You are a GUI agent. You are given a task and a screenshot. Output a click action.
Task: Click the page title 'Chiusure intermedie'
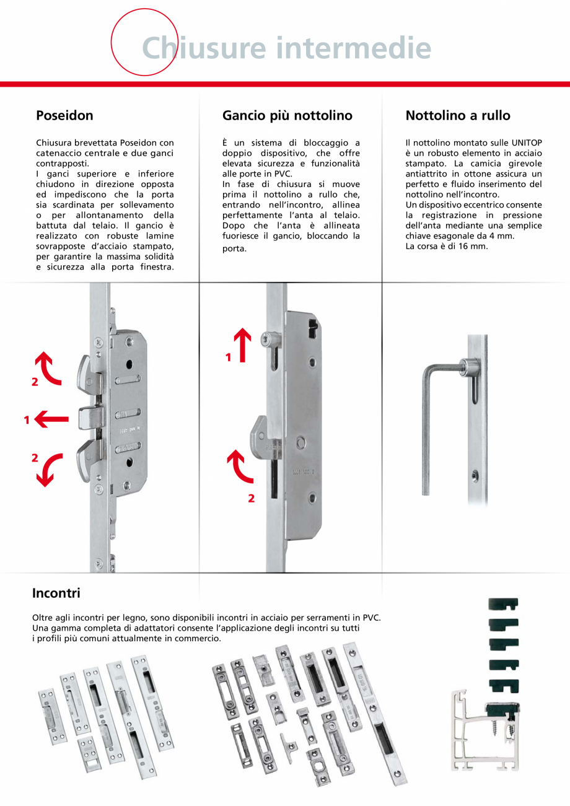[286, 47]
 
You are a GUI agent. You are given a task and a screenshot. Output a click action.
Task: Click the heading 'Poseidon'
[64, 115]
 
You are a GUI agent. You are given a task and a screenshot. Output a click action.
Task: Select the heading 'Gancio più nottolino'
[287, 115]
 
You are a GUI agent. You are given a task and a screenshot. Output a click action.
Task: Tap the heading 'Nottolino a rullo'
[458, 115]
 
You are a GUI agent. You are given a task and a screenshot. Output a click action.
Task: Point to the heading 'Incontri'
[56, 593]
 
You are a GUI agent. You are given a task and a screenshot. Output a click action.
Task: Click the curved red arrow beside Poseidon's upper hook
[48, 369]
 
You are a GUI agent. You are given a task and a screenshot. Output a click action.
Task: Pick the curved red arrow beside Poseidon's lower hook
[48, 470]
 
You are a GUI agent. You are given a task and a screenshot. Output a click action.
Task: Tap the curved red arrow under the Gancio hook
[240, 467]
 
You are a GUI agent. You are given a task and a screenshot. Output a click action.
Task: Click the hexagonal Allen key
[434, 421]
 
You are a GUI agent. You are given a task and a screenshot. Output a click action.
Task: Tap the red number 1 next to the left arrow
[27, 420]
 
